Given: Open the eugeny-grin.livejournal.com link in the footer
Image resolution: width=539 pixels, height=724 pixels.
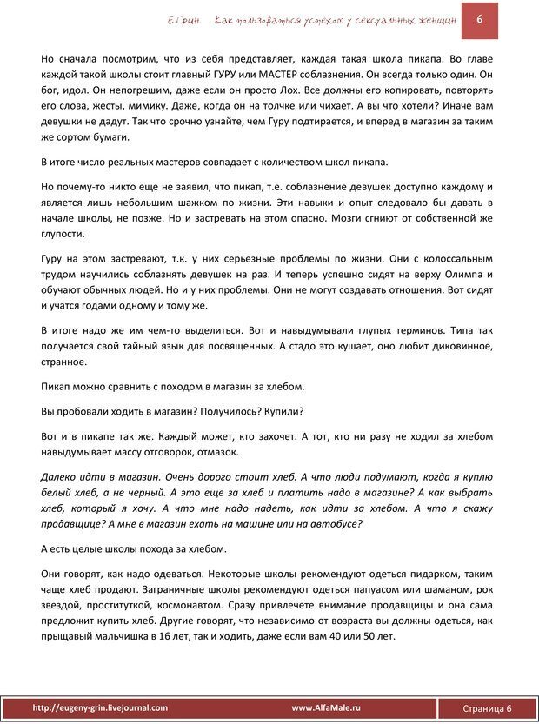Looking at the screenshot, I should (100, 708).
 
